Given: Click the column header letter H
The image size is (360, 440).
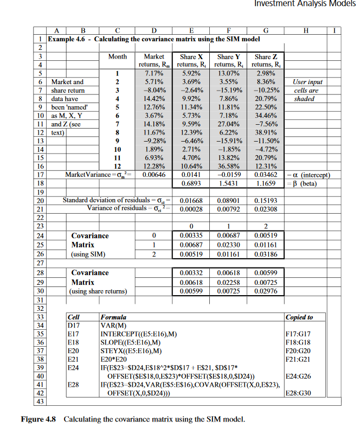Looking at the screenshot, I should pos(307,30).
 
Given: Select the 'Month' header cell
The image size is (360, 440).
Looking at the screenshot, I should pos(117,56).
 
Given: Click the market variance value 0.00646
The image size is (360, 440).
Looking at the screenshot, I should pos(154,174).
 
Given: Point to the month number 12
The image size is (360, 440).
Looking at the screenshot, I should pos(115,166).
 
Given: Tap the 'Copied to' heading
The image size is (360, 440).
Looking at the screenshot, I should pos(299,316).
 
